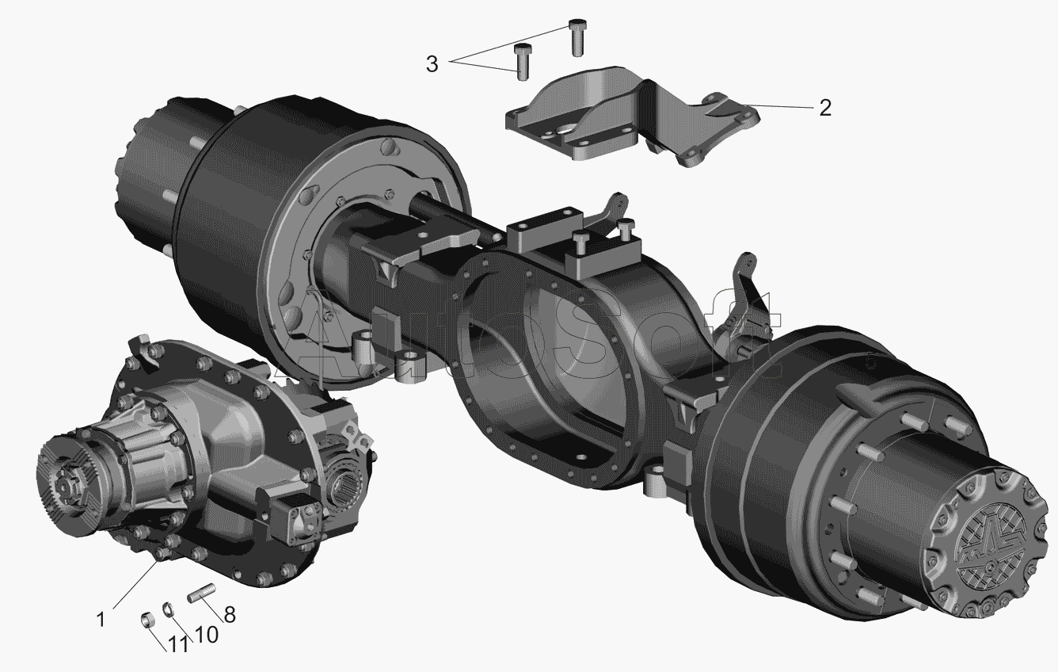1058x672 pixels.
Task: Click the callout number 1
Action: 101,619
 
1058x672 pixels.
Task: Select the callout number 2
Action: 824,109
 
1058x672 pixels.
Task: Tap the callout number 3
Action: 432,64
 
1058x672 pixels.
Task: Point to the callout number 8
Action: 230,614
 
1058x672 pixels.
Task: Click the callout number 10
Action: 206,635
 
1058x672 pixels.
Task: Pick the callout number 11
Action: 178,644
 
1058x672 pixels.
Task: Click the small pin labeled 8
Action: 202,594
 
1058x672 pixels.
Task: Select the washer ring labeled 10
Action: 168,609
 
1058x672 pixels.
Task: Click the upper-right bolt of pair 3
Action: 577,37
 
